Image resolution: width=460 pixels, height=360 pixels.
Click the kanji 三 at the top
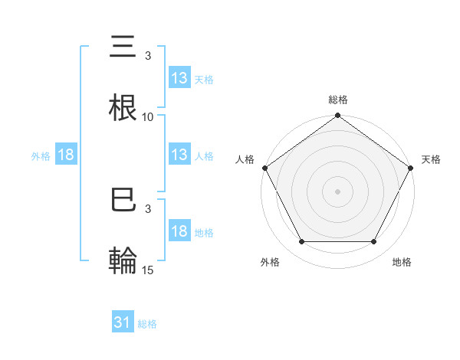pos(123,48)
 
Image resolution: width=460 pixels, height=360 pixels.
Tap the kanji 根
pos(123,106)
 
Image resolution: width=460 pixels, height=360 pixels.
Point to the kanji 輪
pos(123,260)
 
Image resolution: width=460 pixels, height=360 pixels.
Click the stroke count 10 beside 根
pos(148,116)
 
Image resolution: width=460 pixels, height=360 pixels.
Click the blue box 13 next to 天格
pos(179,78)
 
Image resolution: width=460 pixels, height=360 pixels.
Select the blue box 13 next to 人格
pos(179,155)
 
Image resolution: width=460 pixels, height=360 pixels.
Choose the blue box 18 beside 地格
pos(179,232)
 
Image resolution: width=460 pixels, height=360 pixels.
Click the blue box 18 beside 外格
pos(66,155)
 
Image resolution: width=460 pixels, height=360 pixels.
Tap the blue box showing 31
pos(123,323)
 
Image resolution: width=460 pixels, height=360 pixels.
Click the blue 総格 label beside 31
pos(147,324)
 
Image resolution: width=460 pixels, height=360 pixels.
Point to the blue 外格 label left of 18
pos(41,156)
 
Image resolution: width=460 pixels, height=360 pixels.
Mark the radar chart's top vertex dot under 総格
pos(337,116)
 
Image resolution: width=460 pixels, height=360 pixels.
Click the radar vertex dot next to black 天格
pos(411,168)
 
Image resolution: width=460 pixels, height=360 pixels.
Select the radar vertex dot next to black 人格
pos(264,168)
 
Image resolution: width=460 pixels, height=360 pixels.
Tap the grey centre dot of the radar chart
pos(337,191)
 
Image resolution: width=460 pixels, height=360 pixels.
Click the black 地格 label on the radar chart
pos(402,263)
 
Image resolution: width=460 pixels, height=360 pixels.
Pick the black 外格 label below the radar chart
pos(270,263)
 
